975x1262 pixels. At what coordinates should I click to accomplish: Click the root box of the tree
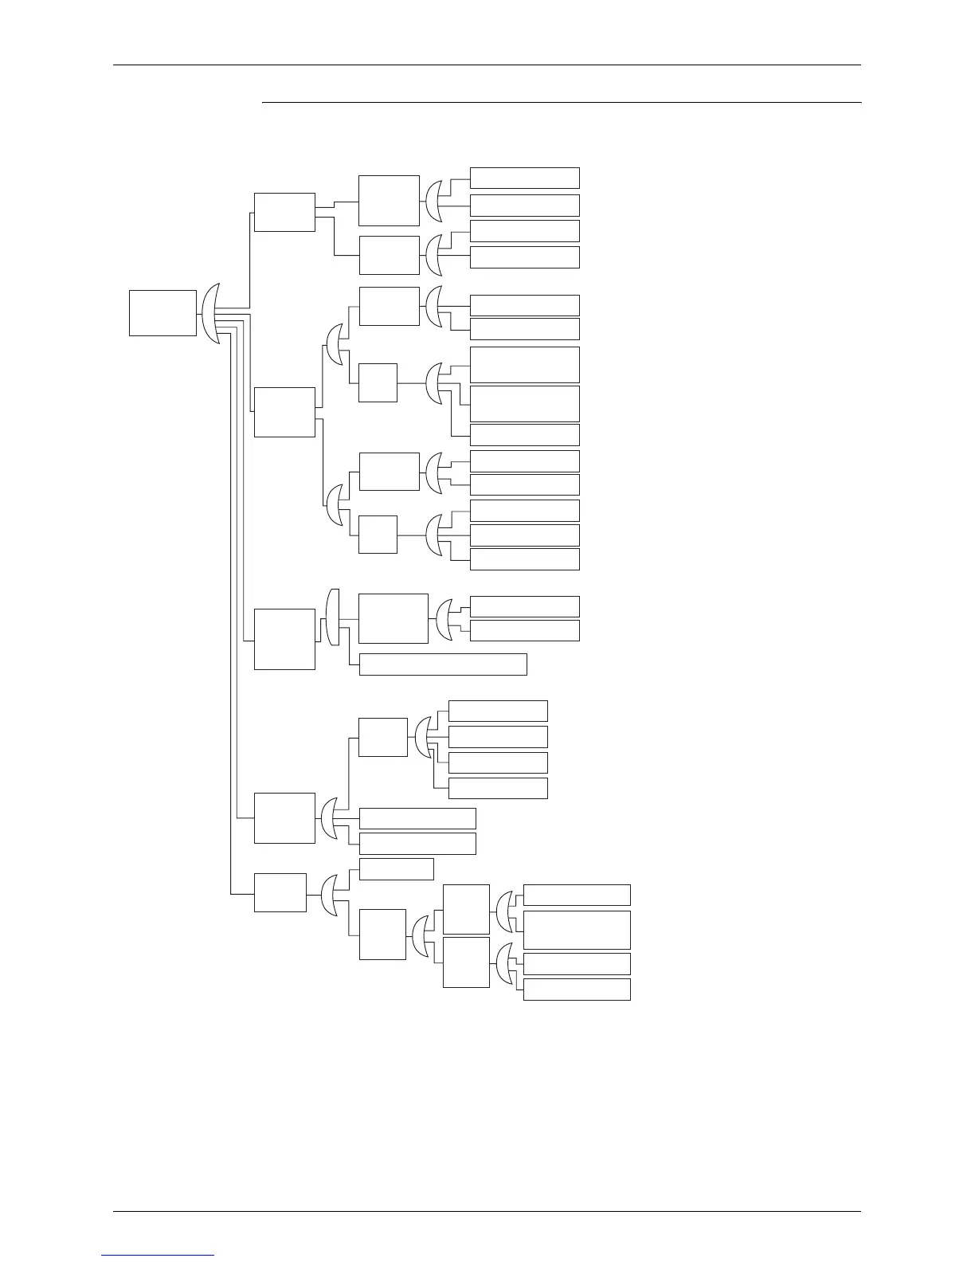[x=162, y=313]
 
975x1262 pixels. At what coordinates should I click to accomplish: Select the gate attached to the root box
[x=210, y=313]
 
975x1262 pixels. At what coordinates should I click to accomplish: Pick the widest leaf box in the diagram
[x=443, y=664]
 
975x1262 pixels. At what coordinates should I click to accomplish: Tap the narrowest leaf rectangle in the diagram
[x=396, y=868]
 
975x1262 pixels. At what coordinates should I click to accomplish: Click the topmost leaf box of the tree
[x=524, y=178]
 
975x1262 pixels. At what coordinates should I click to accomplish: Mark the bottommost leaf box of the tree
[x=577, y=989]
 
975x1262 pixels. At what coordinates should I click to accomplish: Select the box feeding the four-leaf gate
[x=382, y=737]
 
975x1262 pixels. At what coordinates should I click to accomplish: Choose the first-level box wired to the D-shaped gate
[x=284, y=639]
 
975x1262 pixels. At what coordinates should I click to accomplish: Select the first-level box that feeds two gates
[x=284, y=412]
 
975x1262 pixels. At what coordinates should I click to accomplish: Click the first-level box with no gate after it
[x=284, y=212]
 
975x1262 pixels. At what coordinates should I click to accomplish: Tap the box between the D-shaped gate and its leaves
[x=394, y=618]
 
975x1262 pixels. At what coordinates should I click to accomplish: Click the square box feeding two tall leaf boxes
[x=378, y=382]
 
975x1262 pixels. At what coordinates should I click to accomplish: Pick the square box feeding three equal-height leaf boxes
[x=378, y=535]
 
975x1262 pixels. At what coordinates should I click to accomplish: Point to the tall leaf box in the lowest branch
[x=577, y=929]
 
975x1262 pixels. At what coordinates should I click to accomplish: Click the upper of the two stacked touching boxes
[x=466, y=908]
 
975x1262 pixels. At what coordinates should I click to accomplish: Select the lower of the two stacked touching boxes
[x=466, y=962]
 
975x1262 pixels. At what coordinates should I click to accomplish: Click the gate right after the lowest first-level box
[x=330, y=896]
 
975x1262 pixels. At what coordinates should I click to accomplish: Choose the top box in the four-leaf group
[x=498, y=711]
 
